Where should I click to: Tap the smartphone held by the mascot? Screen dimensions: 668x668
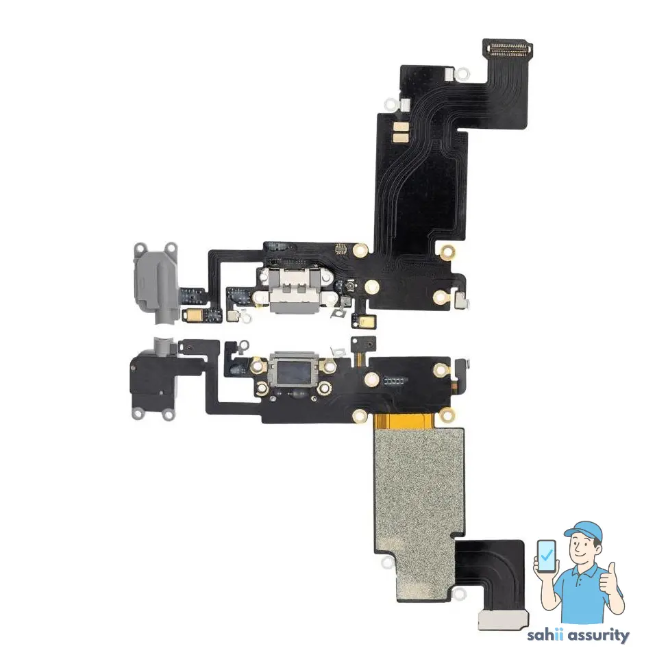(x=547, y=559)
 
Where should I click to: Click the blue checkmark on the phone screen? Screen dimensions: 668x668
(x=547, y=557)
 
